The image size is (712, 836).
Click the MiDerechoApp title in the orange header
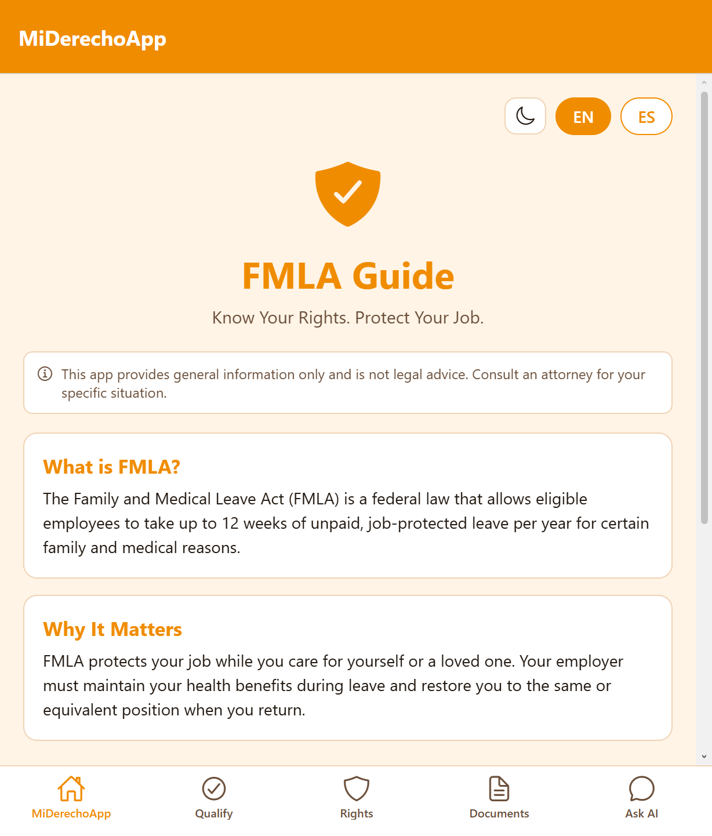pyautogui.click(x=92, y=39)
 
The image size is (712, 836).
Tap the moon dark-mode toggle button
pyautogui.click(x=525, y=116)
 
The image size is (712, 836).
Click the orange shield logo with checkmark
pyautogui.click(x=348, y=194)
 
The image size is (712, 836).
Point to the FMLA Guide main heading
pyautogui.click(x=348, y=276)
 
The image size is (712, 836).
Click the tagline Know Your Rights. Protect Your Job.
pyautogui.click(x=348, y=318)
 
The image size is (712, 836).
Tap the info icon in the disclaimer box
pyautogui.click(x=45, y=374)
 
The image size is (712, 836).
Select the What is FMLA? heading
pyautogui.click(x=112, y=467)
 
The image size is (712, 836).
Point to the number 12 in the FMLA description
pyautogui.click(x=230, y=524)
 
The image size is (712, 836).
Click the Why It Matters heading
pyautogui.click(x=112, y=630)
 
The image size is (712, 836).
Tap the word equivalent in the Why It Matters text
pyautogui.click(x=80, y=710)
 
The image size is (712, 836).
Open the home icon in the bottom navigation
pyautogui.click(x=71, y=788)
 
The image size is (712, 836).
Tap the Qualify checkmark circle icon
pyautogui.click(x=213, y=788)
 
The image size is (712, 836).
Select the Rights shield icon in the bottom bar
pyautogui.click(x=357, y=788)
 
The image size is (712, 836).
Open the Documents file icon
pyautogui.click(x=499, y=788)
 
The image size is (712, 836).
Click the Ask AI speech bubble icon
pyautogui.click(x=642, y=788)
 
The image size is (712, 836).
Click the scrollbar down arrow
pyautogui.click(x=704, y=757)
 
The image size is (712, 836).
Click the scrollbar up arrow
pyautogui.click(x=704, y=82)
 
